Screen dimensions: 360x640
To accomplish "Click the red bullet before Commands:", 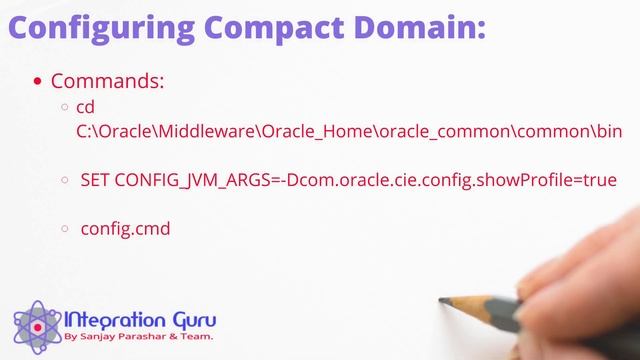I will [x=38, y=82].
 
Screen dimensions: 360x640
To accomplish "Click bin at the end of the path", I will [x=606, y=131].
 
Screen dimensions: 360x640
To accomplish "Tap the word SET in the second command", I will [x=96, y=181].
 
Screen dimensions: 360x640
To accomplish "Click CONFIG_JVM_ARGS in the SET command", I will [x=191, y=181].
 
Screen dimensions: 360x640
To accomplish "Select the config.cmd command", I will [x=125, y=229].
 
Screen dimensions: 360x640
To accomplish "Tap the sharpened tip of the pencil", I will [x=443, y=299].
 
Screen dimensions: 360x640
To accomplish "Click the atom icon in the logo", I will [x=36, y=325].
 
